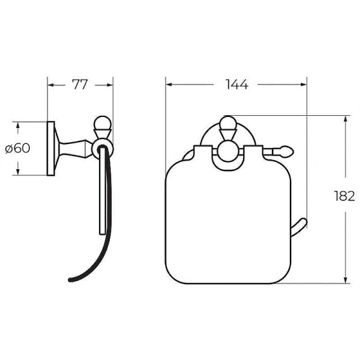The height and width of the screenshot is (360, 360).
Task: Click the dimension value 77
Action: click(x=80, y=85)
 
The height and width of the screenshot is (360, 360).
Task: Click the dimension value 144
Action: click(x=237, y=84)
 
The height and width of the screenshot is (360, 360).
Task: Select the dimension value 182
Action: click(x=344, y=196)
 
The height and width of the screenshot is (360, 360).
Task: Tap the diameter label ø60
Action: click(x=17, y=148)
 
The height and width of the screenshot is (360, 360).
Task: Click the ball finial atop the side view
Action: click(x=103, y=123)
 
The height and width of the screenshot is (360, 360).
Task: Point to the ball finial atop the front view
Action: click(x=228, y=123)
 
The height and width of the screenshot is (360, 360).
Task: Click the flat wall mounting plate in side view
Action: click(x=51, y=149)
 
